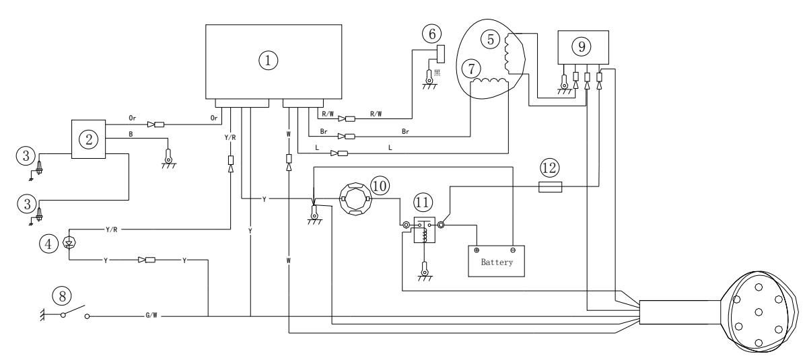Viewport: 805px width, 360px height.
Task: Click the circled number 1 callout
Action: [x=269, y=60]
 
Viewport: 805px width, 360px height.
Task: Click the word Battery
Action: [x=497, y=262]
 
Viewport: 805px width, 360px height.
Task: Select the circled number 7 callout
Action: [x=470, y=68]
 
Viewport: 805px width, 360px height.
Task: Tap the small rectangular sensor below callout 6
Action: [x=441, y=54]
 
